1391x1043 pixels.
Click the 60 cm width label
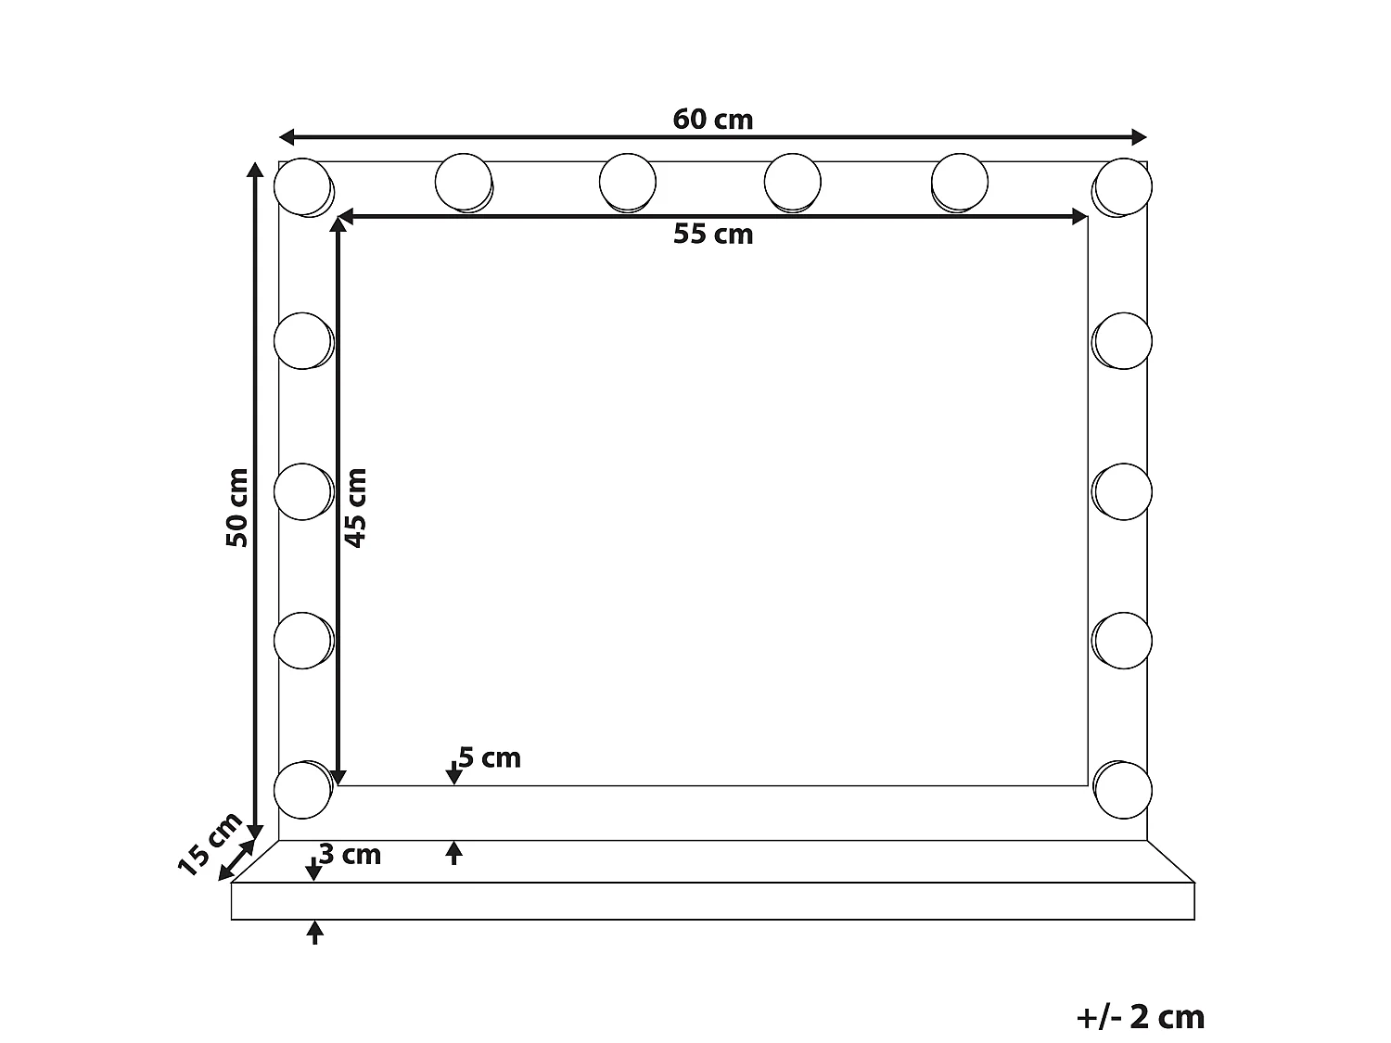click(712, 120)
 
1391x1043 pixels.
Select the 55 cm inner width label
click(712, 235)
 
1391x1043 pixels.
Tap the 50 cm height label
click(237, 506)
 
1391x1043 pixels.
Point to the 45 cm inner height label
click(355, 506)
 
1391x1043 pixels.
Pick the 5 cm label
click(490, 758)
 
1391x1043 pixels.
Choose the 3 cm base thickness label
click(350, 854)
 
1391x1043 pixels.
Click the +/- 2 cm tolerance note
click(1140, 1017)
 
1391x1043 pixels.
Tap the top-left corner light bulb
click(302, 186)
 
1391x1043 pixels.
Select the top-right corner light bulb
click(1123, 186)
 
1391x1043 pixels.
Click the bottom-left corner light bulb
click(302, 790)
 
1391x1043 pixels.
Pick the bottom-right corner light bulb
click(1123, 790)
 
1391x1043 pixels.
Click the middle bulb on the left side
click(302, 490)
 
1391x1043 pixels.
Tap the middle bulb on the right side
click(1123, 490)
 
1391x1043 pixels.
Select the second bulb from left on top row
click(463, 182)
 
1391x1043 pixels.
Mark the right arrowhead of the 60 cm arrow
click(1140, 138)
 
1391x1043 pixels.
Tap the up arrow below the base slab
click(315, 931)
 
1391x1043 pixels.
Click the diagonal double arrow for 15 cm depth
click(237, 860)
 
